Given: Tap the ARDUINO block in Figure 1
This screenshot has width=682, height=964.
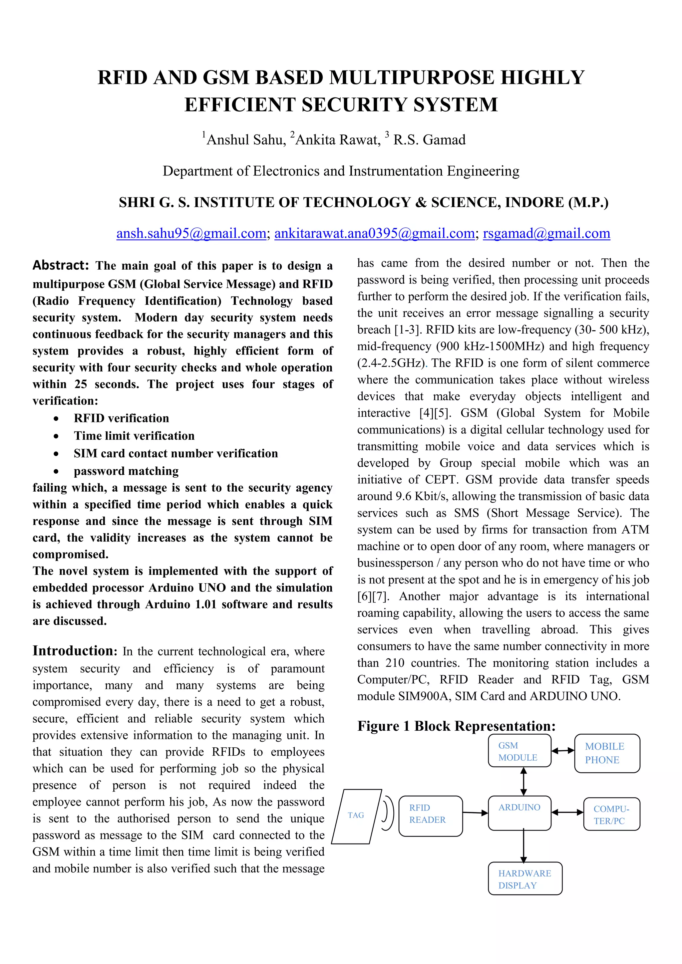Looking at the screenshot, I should click(x=519, y=813).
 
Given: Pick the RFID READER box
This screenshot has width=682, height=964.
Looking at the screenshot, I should click(x=430, y=816).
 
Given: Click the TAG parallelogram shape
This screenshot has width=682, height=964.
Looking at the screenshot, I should click(x=357, y=816).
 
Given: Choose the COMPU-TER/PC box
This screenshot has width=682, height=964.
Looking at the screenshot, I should click(x=611, y=814).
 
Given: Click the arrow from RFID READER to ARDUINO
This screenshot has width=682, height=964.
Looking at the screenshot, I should click(x=475, y=813).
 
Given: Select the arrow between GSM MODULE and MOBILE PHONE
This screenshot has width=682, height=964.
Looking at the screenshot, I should click(x=563, y=750).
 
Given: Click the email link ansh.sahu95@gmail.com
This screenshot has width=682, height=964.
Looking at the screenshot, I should click(x=191, y=233).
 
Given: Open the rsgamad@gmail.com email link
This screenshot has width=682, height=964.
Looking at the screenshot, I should click(x=546, y=233).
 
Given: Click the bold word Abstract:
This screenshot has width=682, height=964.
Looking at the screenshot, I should click(x=61, y=265).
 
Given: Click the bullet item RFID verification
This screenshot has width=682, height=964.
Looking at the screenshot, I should click(x=121, y=418).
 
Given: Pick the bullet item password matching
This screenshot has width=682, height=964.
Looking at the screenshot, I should click(x=126, y=471).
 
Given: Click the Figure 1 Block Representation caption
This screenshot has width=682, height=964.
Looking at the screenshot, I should click(x=457, y=726).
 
